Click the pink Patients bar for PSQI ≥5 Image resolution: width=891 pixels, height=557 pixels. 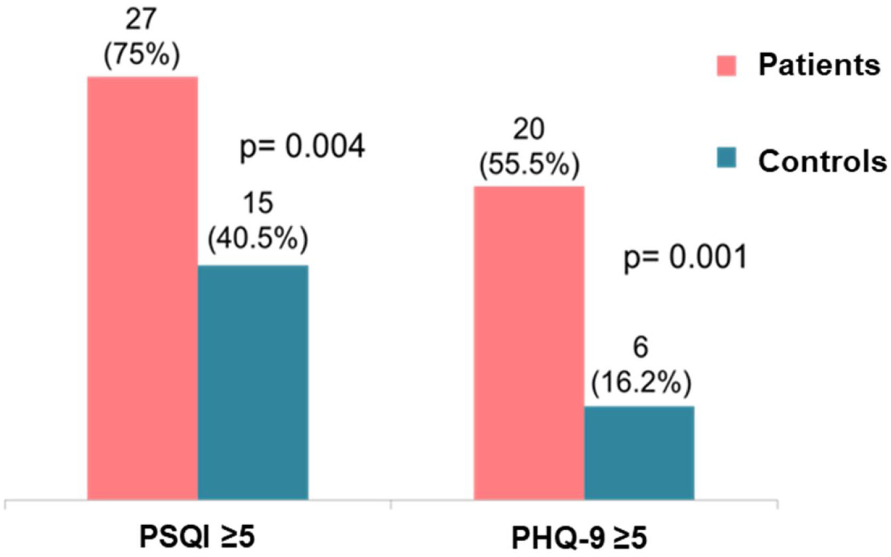143,287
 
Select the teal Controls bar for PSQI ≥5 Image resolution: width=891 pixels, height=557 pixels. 253,382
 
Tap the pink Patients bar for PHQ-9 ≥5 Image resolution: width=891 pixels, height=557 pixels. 529,343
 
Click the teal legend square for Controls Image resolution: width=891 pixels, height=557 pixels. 726,158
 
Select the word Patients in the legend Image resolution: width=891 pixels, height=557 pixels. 819,65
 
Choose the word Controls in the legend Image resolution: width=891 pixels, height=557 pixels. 822,160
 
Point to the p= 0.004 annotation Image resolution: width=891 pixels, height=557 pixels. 302,146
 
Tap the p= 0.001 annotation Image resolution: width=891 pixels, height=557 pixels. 685,257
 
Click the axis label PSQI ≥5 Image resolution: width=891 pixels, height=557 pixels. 197,536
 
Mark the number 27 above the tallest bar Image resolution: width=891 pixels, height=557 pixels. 141,20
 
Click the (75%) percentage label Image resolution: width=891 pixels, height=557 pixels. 141,55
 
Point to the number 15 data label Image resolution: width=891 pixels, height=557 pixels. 258,203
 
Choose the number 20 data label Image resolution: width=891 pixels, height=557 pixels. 529,129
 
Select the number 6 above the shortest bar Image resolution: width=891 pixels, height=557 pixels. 640,347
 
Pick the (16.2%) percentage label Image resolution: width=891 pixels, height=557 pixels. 640,382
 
